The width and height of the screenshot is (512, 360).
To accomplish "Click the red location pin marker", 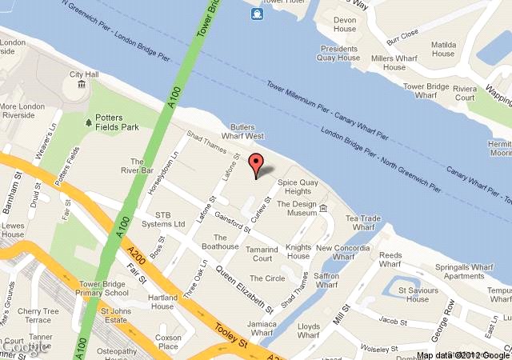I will tap(256, 166).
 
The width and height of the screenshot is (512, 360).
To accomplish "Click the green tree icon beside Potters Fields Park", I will tap(88, 122).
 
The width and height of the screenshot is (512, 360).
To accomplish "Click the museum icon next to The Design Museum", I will tap(324, 209).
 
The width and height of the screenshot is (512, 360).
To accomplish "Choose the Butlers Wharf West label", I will tap(247, 132).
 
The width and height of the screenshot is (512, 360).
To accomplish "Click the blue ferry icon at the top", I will tap(257, 14).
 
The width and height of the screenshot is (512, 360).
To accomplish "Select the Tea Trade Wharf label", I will tap(362, 223).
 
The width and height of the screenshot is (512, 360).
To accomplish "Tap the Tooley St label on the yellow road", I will tap(232, 334).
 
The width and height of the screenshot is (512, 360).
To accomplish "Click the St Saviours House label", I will tap(422, 294).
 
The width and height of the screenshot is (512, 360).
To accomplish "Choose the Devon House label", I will tap(344, 24).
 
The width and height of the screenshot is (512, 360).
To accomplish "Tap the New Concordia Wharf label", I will tap(346, 254).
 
